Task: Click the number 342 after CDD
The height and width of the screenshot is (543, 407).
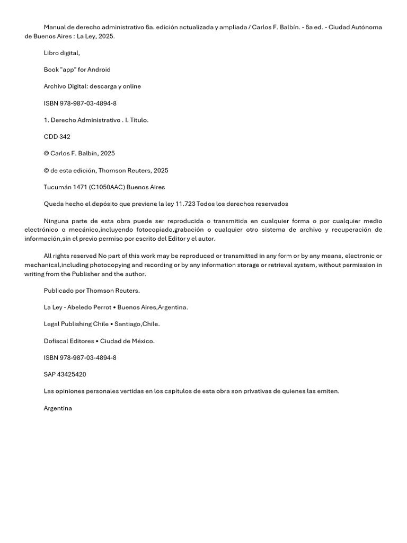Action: (65, 137)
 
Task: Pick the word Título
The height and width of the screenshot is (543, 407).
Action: (139, 120)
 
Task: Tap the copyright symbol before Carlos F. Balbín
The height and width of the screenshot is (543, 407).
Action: (46, 154)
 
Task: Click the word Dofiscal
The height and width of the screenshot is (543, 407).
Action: (56, 341)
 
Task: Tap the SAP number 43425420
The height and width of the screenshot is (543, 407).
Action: (72, 374)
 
